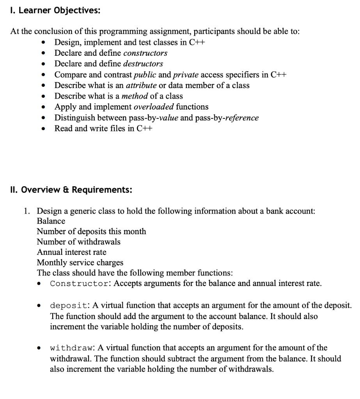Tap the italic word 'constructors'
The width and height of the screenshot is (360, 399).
coord(145,53)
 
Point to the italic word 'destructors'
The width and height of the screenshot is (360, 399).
coord(143,64)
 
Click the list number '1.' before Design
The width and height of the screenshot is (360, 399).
coord(26,211)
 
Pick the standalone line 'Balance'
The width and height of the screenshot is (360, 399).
coord(51,221)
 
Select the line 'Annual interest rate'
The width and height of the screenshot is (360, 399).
coord(71,252)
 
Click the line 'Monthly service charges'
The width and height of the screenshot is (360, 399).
coord(80,263)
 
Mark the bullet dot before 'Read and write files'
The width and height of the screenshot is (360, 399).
coord(46,129)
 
